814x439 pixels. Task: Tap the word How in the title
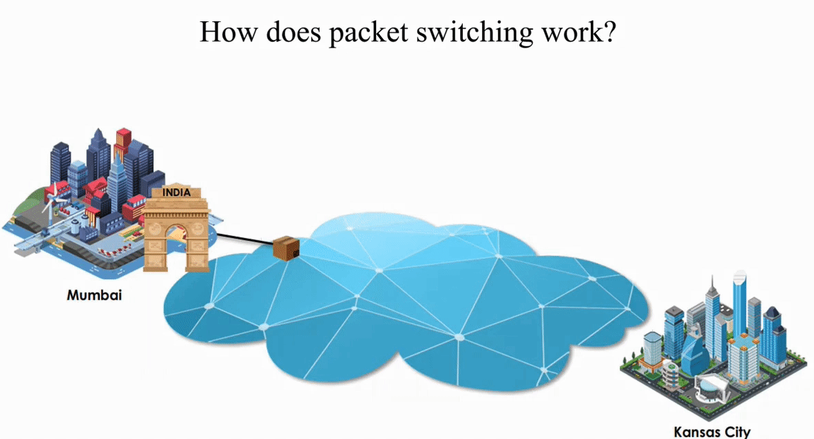(223, 32)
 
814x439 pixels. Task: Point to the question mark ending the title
(607, 32)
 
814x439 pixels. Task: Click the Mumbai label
(94, 295)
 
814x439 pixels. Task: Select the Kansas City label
(711, 432)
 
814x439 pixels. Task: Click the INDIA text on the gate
(176, 193)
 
